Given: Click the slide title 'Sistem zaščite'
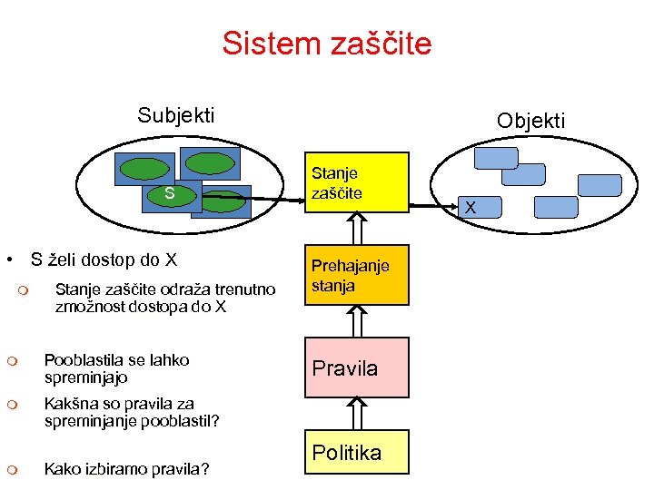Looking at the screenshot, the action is pos(327,43).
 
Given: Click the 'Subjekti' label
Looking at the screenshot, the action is pos(176,114).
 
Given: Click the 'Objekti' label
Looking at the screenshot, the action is pos(530,121).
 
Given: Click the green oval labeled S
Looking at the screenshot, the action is pos(169,193).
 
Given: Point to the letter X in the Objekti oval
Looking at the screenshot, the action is pos(470,208).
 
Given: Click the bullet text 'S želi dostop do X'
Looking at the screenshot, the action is pos(104,260).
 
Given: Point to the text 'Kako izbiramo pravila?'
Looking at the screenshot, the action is pos(126,468).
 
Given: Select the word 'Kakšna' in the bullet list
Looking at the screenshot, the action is pos(70,404).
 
